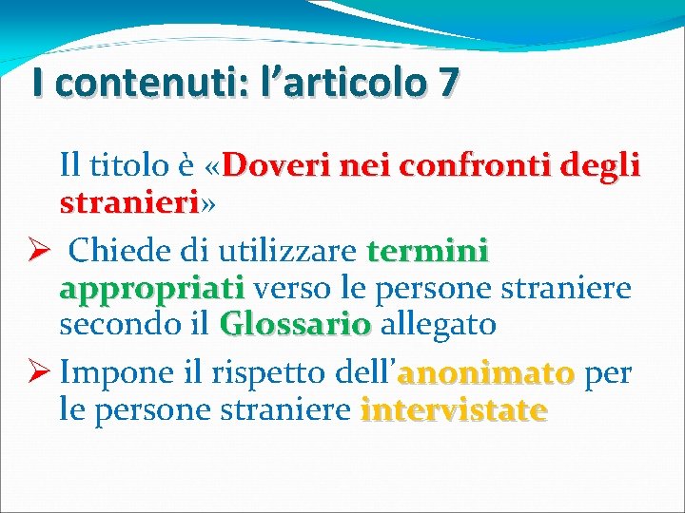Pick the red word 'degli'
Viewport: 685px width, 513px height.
point(599,167)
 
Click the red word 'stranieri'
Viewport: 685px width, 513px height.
point(128,203)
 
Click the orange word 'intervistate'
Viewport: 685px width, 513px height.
point(454,410)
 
